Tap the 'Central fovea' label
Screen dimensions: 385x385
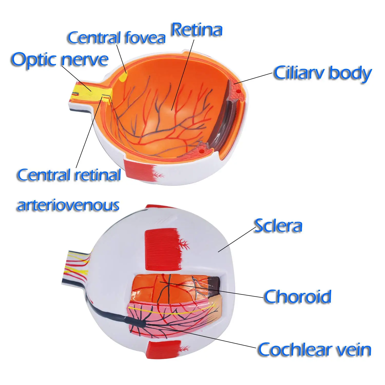point(116,38)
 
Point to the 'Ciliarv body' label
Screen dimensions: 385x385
point(322,73)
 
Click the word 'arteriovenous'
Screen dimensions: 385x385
point(68,205)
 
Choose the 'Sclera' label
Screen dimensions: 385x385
point(278,226)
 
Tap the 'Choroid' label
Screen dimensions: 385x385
point(297,296)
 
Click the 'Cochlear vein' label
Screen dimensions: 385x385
point(314,349)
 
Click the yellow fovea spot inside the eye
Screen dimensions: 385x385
point(123,77)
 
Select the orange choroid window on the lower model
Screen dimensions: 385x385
point(164,287)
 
